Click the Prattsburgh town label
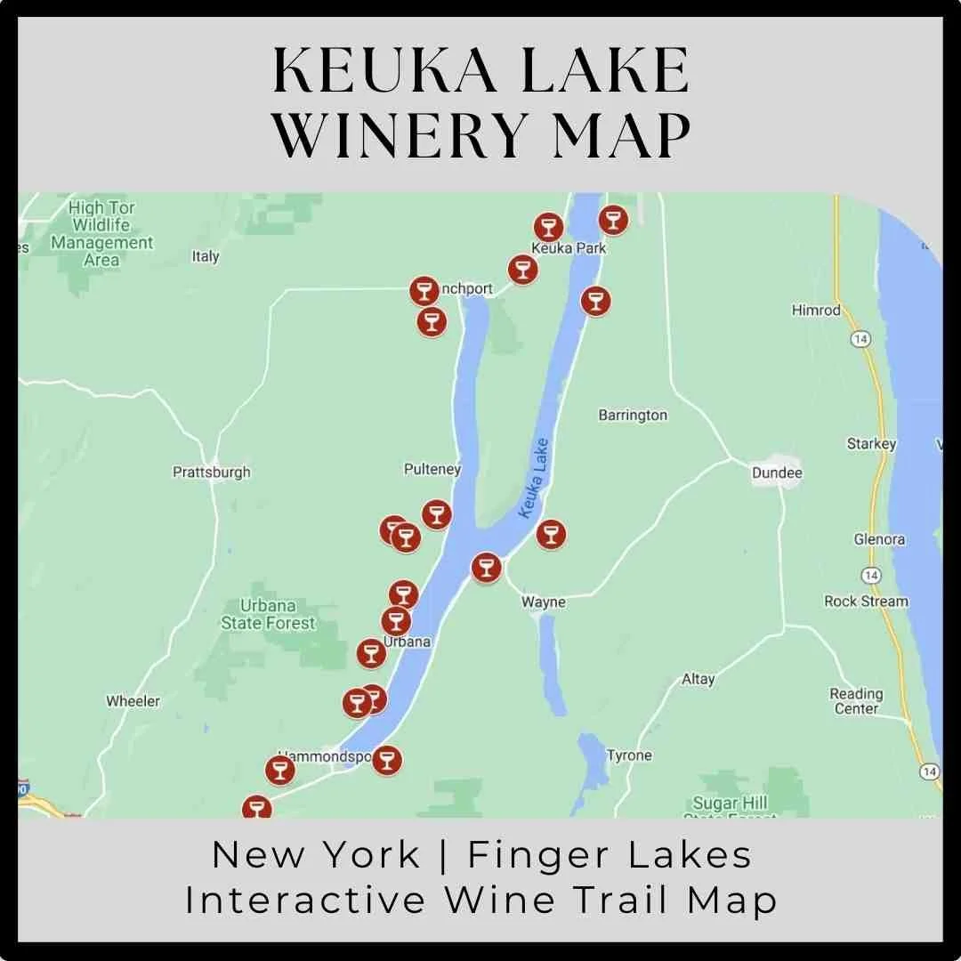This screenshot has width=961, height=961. click(x=212, y=472)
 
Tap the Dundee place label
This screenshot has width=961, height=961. click(x=777, y=472)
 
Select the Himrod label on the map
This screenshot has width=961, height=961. click(x=816, y=310)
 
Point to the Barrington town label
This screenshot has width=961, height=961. click(x=633, y=415)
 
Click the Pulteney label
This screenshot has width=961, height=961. click(x=432, y=469)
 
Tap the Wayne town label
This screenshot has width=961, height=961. click(x=543, y=602)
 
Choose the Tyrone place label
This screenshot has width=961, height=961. click(x=629, y=755)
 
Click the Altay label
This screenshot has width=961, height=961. click(x=698, y=679)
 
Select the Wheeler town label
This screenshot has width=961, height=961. click(x=133, y=701)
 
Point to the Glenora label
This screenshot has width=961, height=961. click(x=879, y=539)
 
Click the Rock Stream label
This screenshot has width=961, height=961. click(x=866, y=602)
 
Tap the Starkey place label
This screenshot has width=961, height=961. click(x=871, y=443)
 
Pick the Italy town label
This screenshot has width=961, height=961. click(x=206, y=256)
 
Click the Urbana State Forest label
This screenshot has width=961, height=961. click(x=268, y=614)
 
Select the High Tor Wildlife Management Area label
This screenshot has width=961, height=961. click(x=101, y=234)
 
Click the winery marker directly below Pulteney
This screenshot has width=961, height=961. click(x=436, y=514)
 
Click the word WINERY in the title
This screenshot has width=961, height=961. click(x=386, y=135)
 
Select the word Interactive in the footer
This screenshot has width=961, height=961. click(x=305, y=900)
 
